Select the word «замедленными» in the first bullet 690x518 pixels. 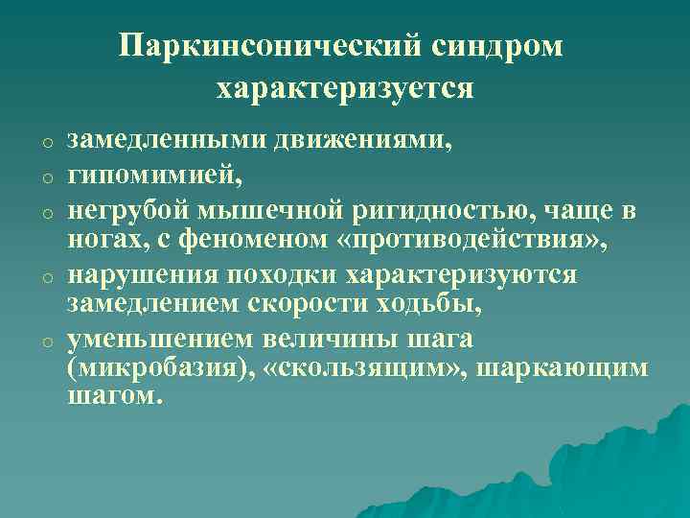(165, 142)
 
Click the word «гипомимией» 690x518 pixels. (148, 176)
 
